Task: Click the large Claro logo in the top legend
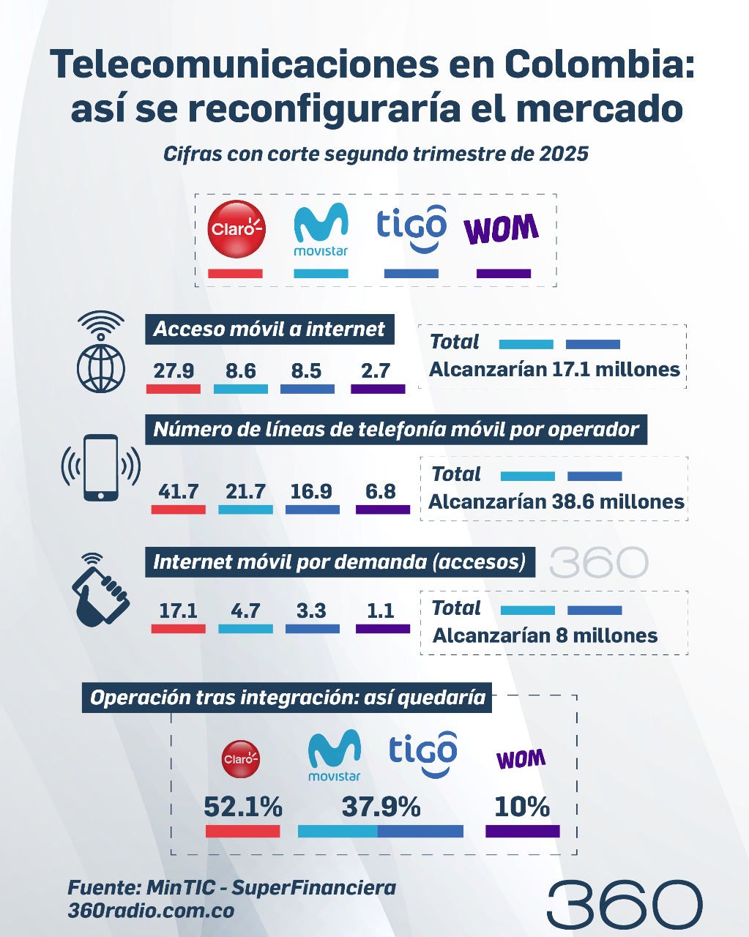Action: (x=236, y=228)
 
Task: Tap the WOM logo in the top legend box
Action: (x=502, y=230)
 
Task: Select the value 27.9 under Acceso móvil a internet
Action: (x=174, y=370)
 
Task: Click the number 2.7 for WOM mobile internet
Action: (x=376, y=370)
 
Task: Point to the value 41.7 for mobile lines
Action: (x=178, y=491)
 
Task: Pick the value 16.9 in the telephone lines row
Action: (x=311, y=491)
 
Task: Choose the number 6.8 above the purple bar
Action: (x=381, y=491)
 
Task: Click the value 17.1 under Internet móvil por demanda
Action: (x=178, y=611)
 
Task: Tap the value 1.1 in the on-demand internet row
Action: (x=381, y=611)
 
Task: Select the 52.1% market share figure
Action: (x=242, y=807)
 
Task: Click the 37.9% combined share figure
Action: (x=381, y=807)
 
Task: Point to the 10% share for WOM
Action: (x=521, y=807)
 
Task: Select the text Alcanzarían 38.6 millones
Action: (x=556, y=502)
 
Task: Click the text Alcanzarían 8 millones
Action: (x=545, y=635)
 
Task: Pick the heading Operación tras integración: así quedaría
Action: (x=288, y=697)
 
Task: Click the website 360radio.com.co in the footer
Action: (x=151, y=911)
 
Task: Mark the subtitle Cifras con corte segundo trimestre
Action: (x=376, y=154)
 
